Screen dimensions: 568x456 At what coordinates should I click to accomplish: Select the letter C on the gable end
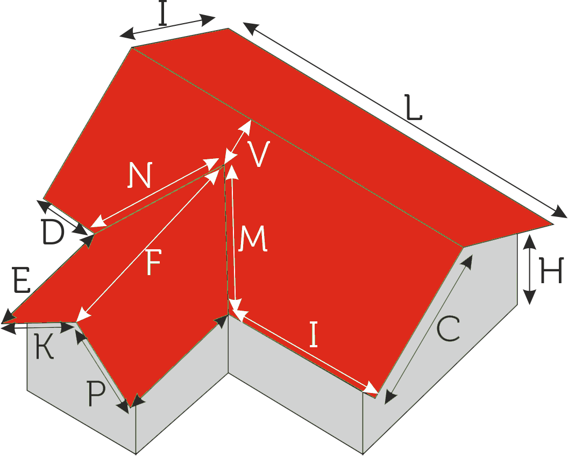pos(449,329)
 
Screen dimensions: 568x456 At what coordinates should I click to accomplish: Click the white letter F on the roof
pos(153,261)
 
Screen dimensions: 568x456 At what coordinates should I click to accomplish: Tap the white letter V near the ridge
pos(259,154)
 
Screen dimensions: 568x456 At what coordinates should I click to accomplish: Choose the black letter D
pos(53,232)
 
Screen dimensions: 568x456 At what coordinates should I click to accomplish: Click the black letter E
pos(21,280)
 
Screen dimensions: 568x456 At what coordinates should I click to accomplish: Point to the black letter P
pos(96,394)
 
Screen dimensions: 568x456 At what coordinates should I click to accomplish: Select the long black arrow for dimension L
pos(405,120)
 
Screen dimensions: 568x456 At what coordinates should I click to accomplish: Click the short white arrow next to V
pos(238,142)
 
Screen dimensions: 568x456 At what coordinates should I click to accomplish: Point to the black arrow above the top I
pos(167,27)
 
